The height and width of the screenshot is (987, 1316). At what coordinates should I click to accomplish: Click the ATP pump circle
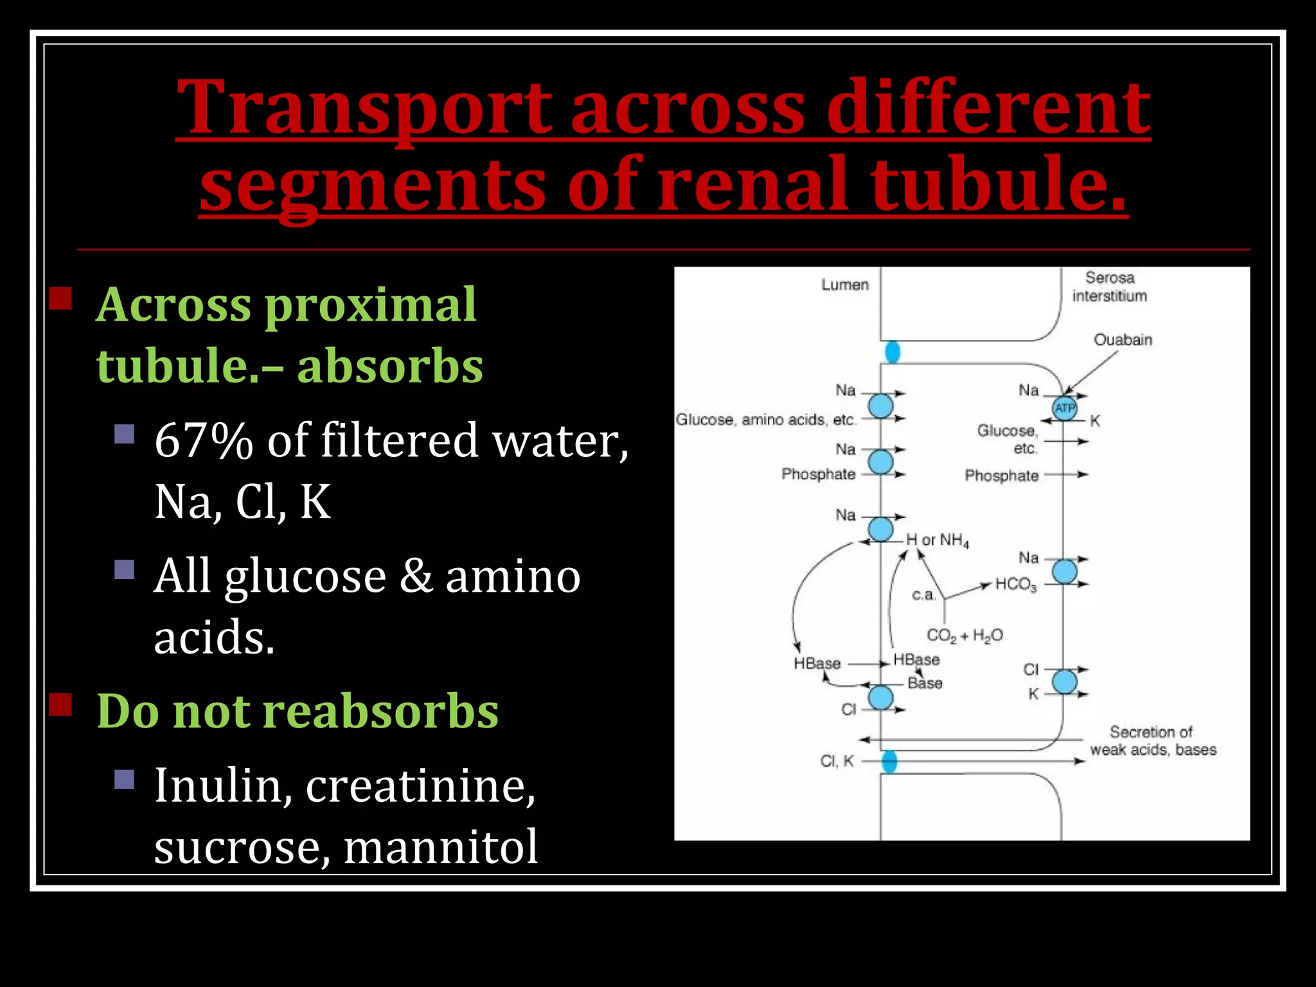(x=1064, y=408)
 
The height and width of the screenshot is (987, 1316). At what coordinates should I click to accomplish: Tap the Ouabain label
(x=1123, y=340)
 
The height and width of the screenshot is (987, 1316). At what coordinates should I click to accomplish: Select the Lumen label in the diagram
(x=844, y=285)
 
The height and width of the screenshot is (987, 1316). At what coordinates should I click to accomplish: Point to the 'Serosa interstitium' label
(x=1109, y=287)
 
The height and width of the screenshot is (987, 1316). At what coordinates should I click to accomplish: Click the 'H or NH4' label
(x=937, y=540)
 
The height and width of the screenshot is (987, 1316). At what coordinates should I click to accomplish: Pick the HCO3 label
(x=1015, y=584)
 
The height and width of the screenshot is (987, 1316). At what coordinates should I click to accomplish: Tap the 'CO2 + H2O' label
(x=964, y=636)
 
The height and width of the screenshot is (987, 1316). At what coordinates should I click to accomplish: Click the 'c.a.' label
(x=923, y=595)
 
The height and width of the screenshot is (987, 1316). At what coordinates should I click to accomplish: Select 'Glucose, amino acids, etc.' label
(x=765, y=420)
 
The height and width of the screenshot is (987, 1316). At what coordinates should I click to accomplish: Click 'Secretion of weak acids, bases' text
(x=1152, y=741)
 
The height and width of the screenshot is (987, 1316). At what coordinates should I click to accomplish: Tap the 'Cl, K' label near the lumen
(x=837, y=761)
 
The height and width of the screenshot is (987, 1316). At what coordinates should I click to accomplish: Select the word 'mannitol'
(x=441, y=846)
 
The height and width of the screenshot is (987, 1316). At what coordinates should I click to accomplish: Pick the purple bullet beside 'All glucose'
(x=124, y=569)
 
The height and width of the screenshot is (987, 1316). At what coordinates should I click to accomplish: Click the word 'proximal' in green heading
(x=370, y=304)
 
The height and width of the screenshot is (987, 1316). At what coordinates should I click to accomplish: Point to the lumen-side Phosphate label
(x=818, y=474)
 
